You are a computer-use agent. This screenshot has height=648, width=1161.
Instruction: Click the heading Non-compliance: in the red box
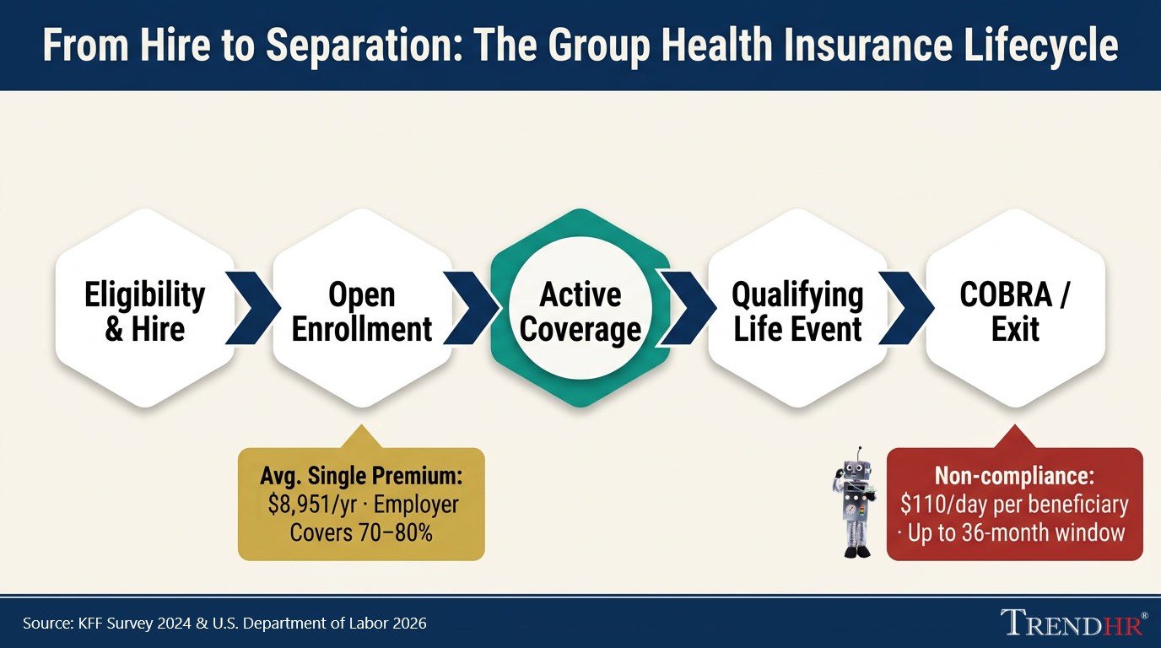[1014, 476]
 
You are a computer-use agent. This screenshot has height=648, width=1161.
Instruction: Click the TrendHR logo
[1072, 623]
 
